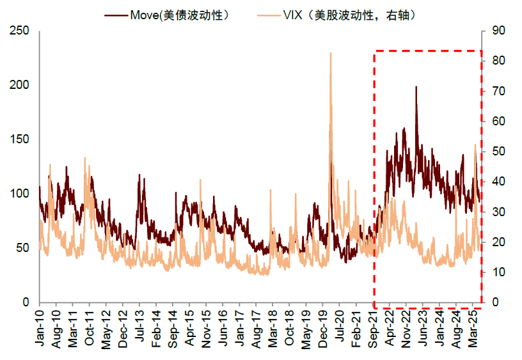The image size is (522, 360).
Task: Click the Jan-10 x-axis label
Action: [40, 329]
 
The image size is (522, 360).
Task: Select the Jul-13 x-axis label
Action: [139, 329]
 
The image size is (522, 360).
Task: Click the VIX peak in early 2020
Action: [330, 54]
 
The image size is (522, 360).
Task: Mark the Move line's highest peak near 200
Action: [416, 87]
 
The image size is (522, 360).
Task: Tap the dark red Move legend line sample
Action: [118, 14]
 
